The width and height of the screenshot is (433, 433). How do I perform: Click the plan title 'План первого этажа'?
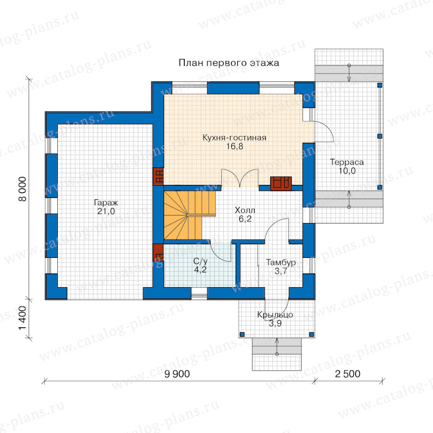point(229,63)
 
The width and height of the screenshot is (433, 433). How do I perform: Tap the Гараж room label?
point(106,203)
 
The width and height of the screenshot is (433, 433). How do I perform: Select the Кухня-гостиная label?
point(234,138)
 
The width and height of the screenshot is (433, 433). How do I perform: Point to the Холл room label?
point(245,210)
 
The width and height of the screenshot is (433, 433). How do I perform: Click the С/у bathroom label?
point(201,261)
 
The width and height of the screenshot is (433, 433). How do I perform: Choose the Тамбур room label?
point(281,262)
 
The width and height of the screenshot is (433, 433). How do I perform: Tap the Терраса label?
point(347,162)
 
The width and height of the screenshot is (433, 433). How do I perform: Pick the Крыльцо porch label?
point(275,315)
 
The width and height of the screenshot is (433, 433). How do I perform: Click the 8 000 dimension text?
point(22,189)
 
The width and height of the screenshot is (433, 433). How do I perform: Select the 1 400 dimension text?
point(22,318)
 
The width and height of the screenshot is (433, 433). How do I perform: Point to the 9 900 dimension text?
point(177,374)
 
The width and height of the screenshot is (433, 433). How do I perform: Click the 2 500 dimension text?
point(348,374)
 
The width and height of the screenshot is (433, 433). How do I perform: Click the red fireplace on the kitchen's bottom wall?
point(281,183)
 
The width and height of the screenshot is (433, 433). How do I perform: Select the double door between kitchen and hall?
point(240,178)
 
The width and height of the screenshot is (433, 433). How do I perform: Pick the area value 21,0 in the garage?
point(106,211)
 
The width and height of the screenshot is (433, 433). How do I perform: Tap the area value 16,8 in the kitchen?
point(235,146)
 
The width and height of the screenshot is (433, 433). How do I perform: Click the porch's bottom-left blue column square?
point(242,334)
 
